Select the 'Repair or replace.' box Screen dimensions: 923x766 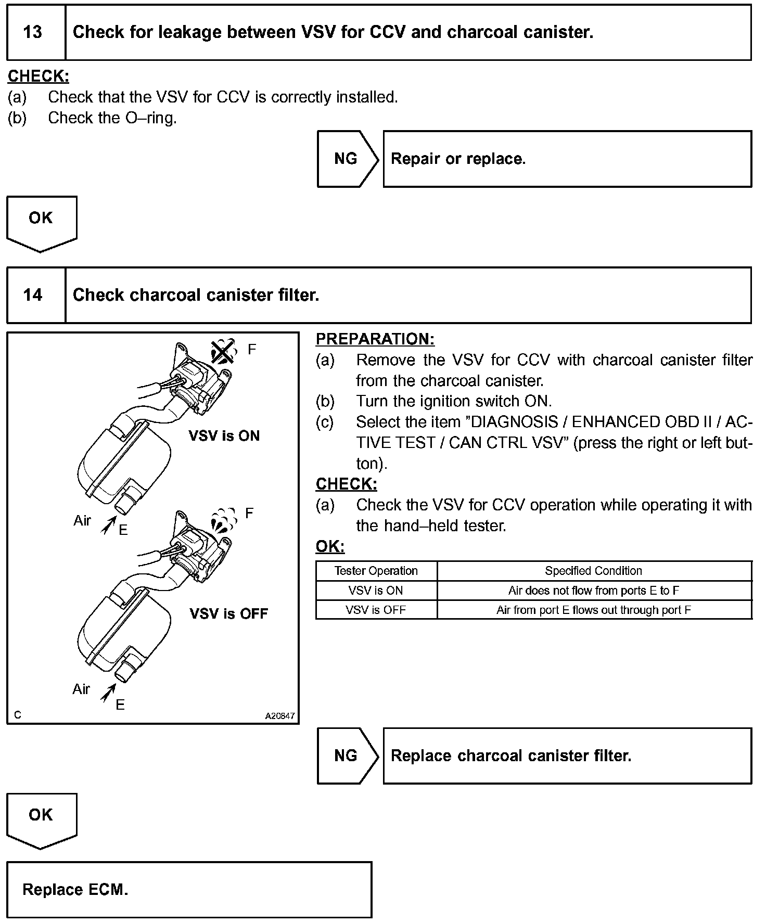(x=567, y=159)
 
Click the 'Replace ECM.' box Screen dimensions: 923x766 (x=189, y=889)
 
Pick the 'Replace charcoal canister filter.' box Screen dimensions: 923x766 (x=567, y=755)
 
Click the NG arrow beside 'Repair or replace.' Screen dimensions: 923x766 (x=347, y=159)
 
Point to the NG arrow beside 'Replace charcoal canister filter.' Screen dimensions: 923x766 (x=347, y=755)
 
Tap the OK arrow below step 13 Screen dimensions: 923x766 (x=41, y=221)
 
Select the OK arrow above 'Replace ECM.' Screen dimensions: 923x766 (x=41, y=817)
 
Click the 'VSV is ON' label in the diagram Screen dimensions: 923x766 (x=224, y=435)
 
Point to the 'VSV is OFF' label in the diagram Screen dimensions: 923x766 (x=228, y=613)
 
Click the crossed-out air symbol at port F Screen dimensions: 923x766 (x=223, y=352)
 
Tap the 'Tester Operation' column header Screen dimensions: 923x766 (x=376, y=571)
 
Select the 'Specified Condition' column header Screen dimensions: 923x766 (x=593, y=571)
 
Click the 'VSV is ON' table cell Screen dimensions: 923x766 (x=376, y=591)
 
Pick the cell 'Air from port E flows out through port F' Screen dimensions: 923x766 (x=593, y=610)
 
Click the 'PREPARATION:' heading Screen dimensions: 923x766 (x=375, y=339)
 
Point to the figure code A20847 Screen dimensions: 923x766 (x=279, y=716)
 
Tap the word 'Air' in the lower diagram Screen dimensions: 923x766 (x=81, y=689)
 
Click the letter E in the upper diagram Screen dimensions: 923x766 (x=123, y=530)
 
